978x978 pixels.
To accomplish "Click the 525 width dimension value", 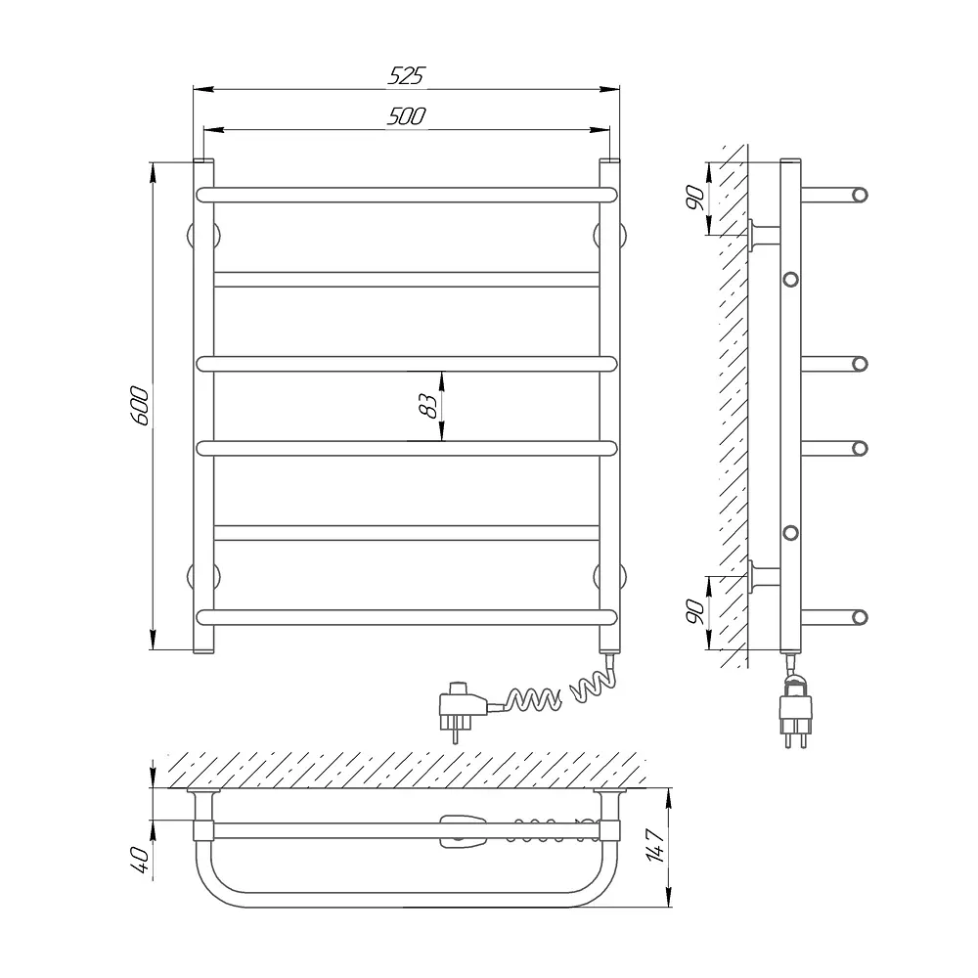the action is coord(406,75).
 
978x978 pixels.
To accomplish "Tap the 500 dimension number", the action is coord(406,116).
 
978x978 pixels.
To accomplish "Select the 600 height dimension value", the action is coord(140,406).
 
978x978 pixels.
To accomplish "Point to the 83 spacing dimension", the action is coord(428,406).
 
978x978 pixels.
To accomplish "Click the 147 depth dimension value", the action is coord(654,845).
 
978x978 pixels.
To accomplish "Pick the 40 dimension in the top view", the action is coord(140,860).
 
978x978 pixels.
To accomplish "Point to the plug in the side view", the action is coord(796,710).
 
